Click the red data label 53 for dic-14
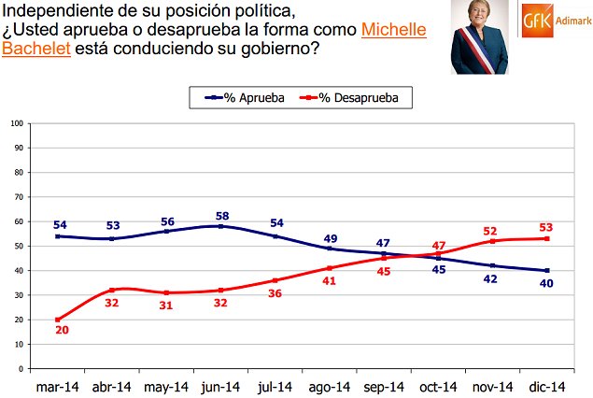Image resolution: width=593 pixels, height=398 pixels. click(547, 227)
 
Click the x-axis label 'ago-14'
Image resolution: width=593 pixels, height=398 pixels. click(330, 386)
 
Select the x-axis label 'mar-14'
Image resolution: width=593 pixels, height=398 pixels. click(58, 386)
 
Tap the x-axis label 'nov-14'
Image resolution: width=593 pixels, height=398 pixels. click(492, 386)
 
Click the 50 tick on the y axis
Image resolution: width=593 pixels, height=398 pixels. click(19, 246)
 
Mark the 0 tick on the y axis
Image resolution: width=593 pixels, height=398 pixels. click(21, 369)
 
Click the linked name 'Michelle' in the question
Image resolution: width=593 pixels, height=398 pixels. click(393, 29)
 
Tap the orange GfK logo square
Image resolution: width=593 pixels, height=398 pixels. click(535, 19)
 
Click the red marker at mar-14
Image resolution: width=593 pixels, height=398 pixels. click(58, 320)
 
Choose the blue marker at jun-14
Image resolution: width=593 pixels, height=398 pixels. click(220, 226)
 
